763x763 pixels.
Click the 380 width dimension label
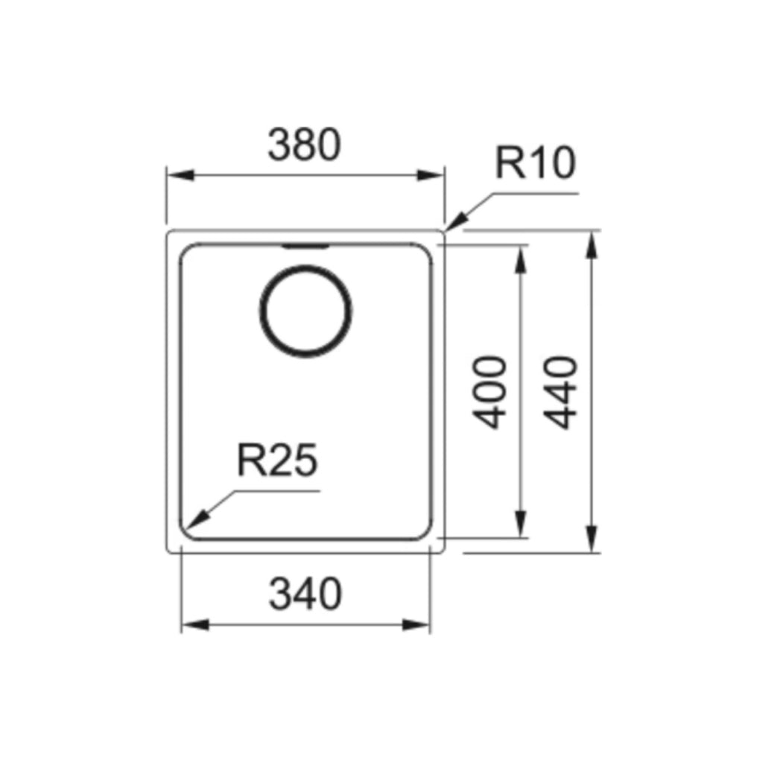click(x=304, y=145)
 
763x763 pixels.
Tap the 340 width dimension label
click(x=305, y=595)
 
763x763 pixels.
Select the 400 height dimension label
click(x=491, y=392)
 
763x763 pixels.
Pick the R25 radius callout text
click(x=277, y=461)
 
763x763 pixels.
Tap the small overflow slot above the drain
click(x=305, y=245)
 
